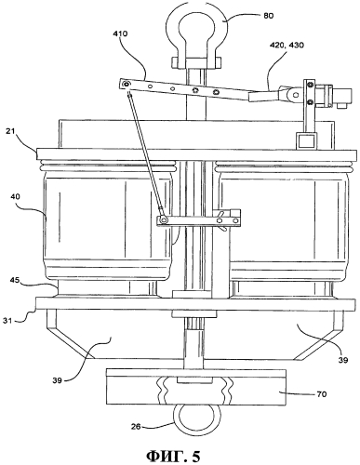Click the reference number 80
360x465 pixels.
click(269, 16)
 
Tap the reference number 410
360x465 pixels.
click(120, 33)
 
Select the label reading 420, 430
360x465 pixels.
click(287, 46)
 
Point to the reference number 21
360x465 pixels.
click(10, 131)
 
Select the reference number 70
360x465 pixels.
click(321, 394)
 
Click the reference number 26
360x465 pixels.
click(137, 427)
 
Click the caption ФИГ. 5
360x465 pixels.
click(173, 456)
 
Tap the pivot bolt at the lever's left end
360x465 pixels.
click(126, 84)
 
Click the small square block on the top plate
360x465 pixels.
click(306, 140)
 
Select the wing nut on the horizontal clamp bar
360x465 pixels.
click(222, 220)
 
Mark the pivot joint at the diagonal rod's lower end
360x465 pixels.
click(164, 220)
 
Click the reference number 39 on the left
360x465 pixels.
click(58, 379)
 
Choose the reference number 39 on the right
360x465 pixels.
click(342, 360)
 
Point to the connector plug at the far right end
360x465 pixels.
click(342, 98)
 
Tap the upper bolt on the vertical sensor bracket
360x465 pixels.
click(309, 84)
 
